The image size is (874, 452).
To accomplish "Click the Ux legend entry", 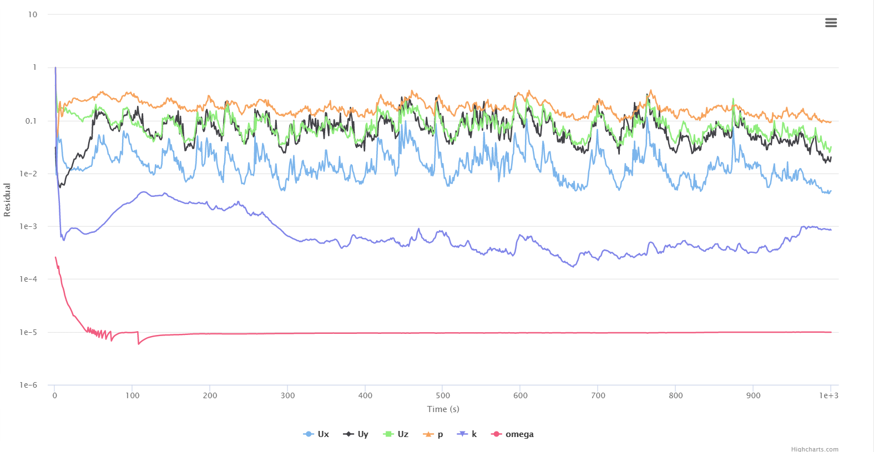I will pyautogui.click(x=317, y=434).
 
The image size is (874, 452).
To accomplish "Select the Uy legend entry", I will pyautogui.click(x=356, y=434).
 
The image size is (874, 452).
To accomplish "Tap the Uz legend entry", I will pyautogui.click(x=396, y=434).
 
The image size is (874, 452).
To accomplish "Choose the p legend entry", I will pyautogui.click(x=433, y=434).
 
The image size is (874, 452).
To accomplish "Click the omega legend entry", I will pyautogui.click(x=513, y=434).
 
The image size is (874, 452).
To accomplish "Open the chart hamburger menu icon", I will pyautogui.click(x=831, y=23).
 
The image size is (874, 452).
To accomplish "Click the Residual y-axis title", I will pyautogui.click(x=7, y=200).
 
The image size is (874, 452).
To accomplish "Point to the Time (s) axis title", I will pyautogui.click(x=443, y=409).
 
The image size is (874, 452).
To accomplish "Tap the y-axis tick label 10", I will pyautogui.click(x=33, y=14).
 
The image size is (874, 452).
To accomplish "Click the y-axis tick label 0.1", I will pyautogui.click(x=31, y=121).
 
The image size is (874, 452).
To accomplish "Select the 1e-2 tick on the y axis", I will pyautogui.click(x=29, y=174).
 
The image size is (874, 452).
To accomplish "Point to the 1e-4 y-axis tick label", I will pyautogui.click(x=29, y=279).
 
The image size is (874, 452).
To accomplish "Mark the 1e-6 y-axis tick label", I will pyautogui.click(x=29, y=385).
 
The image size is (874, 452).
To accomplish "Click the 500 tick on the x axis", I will pyautogui.click(x=443, y=395).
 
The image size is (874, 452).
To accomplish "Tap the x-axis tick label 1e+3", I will pyautogui.click(x=829, y=395).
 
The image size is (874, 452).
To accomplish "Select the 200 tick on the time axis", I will pyautogui.click(x=210, y=395).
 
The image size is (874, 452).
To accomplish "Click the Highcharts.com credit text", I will pyautogui.click(x=815, y=449).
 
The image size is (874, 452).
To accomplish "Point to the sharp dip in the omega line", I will pyautogui.click(x=139, y=344).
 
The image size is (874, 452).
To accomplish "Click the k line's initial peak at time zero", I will pyautogui.click(x=55, y=68).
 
